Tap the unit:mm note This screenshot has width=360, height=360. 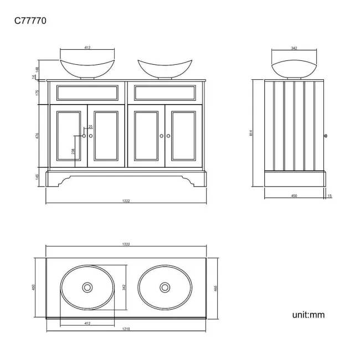[x=308, y=315]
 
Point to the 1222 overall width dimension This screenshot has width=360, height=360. [x=126, y=201]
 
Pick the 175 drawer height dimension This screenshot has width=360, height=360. [x=37, y=92]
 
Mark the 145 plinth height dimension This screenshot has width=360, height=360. [x=37, y=177]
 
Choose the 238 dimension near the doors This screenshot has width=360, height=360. [x=73, y=151]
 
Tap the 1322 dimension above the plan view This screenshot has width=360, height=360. [x=126, y=244]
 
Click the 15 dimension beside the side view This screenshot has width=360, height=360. [x=330, y=196]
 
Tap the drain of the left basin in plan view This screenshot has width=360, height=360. [x=87, y=287]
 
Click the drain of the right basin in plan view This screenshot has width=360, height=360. [x=164, y=287]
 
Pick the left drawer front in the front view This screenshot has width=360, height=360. [x=86, y=92]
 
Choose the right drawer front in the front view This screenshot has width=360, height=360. [x=164, y=92]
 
